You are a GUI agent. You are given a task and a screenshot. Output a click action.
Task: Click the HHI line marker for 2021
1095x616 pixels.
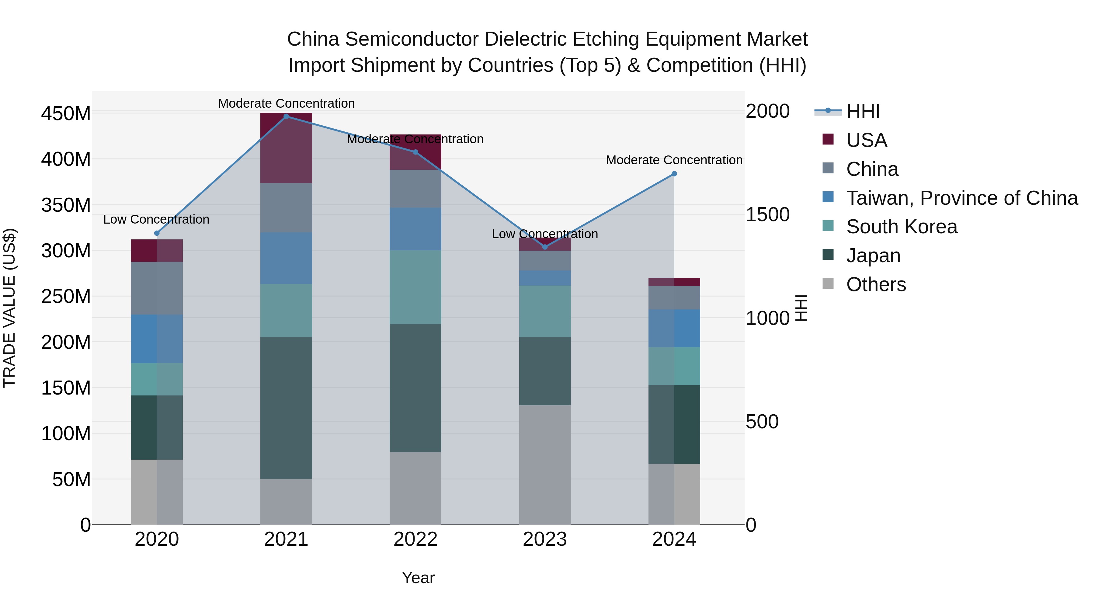pyautogui.click(x=286, y=116)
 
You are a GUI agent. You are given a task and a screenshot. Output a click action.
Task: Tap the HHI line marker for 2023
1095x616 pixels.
pyautogui.click(x=545, y=247)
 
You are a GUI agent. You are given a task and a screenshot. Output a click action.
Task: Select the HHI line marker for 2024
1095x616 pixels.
pyautogui.click(x=674, y=174)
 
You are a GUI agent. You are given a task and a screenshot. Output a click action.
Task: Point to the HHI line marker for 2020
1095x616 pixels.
pyautogui.click(x=157, y=233)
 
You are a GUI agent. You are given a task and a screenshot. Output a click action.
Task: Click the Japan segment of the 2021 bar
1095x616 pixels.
pyautogui.click(x=286, y=408)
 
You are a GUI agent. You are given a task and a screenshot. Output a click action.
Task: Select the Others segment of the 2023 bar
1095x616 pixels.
pyautogui.click(x=545, y=465)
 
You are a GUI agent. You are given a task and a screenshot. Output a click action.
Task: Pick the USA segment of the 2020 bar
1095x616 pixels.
pyautogui.click(x=157, y=251)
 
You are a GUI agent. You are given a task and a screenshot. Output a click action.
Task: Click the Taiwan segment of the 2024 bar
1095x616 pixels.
pyautogui.click(x=674, y=328)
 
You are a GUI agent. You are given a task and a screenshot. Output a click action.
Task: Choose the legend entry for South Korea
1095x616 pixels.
pyautogui.click(x=901, y=227)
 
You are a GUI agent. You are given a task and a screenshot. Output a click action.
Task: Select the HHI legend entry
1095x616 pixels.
pyautogui.click(x=863, y=111)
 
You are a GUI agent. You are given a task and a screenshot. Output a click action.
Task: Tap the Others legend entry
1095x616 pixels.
pyautogui.click(x=876, y=284)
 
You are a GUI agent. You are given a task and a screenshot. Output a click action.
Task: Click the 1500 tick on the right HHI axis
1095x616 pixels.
pyautogui.click(x=767, y=215)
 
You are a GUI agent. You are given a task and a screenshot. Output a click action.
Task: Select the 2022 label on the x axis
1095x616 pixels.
pyautogui.click(x=415, y=539)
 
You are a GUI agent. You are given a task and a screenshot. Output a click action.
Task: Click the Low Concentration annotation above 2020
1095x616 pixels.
pyautogui.click(x=156, y=219)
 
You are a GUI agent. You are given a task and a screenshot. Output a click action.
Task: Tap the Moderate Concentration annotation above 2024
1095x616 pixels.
pyautogui.click(x=674, y=160)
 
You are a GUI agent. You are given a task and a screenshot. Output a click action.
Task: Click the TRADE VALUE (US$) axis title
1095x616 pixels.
pyautogui.click(x=9, y=308)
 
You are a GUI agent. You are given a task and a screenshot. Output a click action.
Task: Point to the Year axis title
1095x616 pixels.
pyautogui.click(x=418, y=578)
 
